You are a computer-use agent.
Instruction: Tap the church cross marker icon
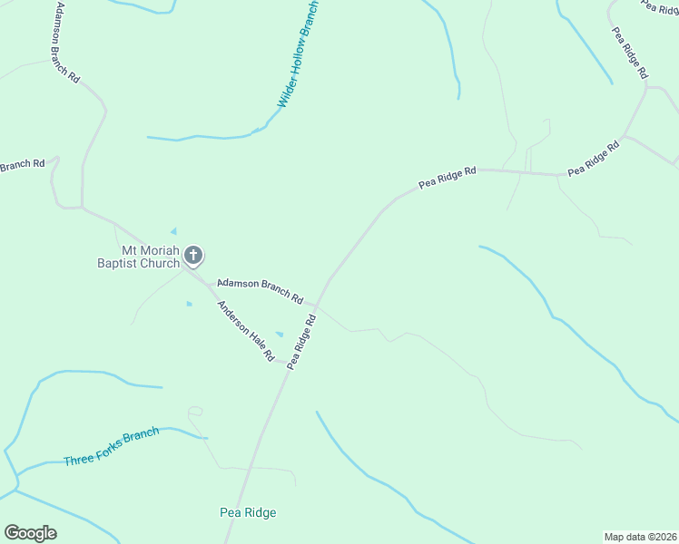click(x=192, y=256)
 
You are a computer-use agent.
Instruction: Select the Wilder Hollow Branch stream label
click(x=299, y=53)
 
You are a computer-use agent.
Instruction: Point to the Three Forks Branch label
click(x=111, y=447)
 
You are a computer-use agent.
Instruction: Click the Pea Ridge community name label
click(x=248, y=512)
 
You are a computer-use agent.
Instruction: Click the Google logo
click(x=30, y=533)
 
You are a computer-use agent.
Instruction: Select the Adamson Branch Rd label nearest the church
click(x=259, y=290)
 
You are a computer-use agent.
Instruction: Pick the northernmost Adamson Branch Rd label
click(x=67, y=43)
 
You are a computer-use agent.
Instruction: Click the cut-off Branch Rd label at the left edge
click(x=22, y=166)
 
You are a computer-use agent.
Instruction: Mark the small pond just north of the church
click(x=173, y=231)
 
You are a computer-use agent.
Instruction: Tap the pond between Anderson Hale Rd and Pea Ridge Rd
click(x=280, y=334)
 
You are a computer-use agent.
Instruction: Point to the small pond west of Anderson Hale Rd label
click(x=189, y=303)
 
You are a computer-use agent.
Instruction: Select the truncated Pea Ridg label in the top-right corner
click(x=661, y=6)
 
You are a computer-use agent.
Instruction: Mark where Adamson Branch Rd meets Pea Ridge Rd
click(x=317, y=305)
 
